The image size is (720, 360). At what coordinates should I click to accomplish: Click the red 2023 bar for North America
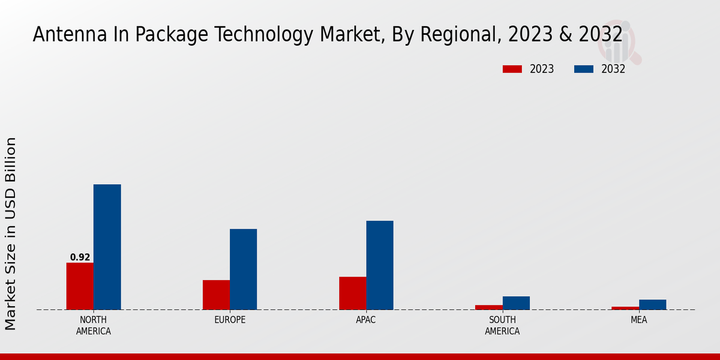click(80, 286)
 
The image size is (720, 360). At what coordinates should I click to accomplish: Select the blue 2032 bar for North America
click(107, 247)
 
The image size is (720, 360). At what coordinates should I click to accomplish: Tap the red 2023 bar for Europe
click(216, 295)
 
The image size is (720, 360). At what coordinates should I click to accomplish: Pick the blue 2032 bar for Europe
click(243, 269)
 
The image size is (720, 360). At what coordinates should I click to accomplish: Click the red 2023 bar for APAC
click(352, 293)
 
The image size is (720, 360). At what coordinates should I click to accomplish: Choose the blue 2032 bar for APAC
click(380, 265)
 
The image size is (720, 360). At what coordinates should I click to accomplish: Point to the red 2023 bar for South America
click(489, 307)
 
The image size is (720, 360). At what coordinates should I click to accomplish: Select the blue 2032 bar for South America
click(516, 303)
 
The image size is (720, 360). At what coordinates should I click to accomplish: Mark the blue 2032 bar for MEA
click(652, 305)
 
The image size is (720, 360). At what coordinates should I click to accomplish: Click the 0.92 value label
click(80, 257)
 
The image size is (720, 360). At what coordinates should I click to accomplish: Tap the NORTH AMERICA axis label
click(94, 325)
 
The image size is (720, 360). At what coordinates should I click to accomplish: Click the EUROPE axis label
click(230, 320)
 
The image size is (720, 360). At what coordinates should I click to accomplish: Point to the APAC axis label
click(366, 320)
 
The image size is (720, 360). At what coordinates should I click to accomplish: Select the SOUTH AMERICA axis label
click(502, 325)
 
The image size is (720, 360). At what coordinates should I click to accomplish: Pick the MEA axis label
click(638, 320)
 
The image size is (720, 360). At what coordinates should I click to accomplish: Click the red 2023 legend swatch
click(512, 69)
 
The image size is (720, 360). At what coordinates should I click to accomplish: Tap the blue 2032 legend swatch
click(583, 69)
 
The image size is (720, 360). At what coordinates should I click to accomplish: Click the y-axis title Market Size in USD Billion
click(11, 233)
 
